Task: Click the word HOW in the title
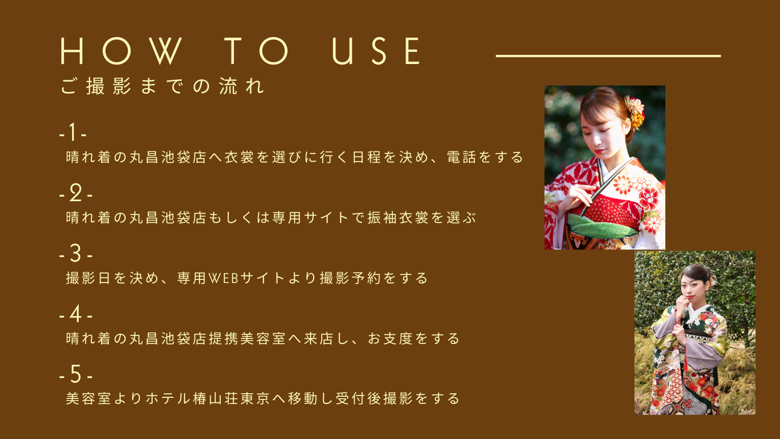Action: pos(121,51)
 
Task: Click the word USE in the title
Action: pos(376,51)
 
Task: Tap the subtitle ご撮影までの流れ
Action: pos(162,86)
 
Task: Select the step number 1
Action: pos(73,132)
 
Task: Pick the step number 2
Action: pos(76,193)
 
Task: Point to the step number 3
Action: pos(76,253)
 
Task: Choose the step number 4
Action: pos(76,313)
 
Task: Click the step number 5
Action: pos(76,374)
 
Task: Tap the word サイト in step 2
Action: pos(326,217)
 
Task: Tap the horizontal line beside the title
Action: pos(608,56)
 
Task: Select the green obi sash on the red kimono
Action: pos(602,226)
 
